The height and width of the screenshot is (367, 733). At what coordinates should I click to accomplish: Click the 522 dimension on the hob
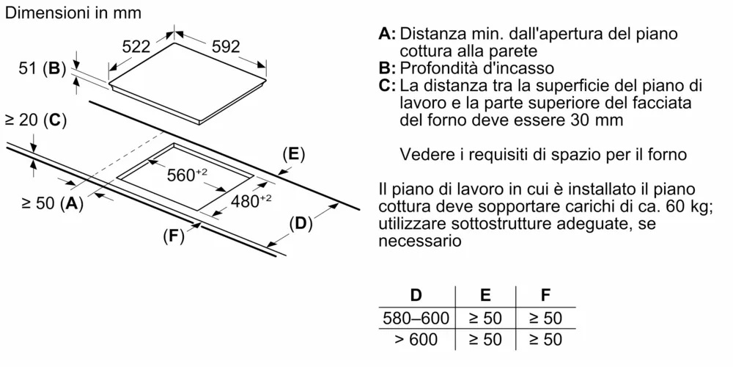click(136, 46)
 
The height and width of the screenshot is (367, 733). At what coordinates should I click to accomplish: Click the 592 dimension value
click(226, 46)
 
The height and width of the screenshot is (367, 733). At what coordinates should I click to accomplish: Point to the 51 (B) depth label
click(40, 69)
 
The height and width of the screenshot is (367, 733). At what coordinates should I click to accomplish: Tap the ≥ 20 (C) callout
click(35, 121)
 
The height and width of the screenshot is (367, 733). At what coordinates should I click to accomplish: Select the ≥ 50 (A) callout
click(52, 203)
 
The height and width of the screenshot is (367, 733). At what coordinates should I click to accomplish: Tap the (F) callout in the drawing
click(174, 237)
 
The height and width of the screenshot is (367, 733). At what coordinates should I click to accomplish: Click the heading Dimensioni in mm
click(73, 12)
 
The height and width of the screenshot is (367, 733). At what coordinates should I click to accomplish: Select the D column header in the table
click(416, 295)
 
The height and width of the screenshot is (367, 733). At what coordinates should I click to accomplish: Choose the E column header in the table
click(486, 295)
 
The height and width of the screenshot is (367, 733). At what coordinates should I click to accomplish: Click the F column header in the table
click(545, 295)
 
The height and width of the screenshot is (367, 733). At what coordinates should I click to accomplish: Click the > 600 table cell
click(416, 339)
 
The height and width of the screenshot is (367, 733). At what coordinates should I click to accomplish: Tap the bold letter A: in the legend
click(387, 34)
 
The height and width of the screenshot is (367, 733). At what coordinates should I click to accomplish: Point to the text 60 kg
click(688, 207)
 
